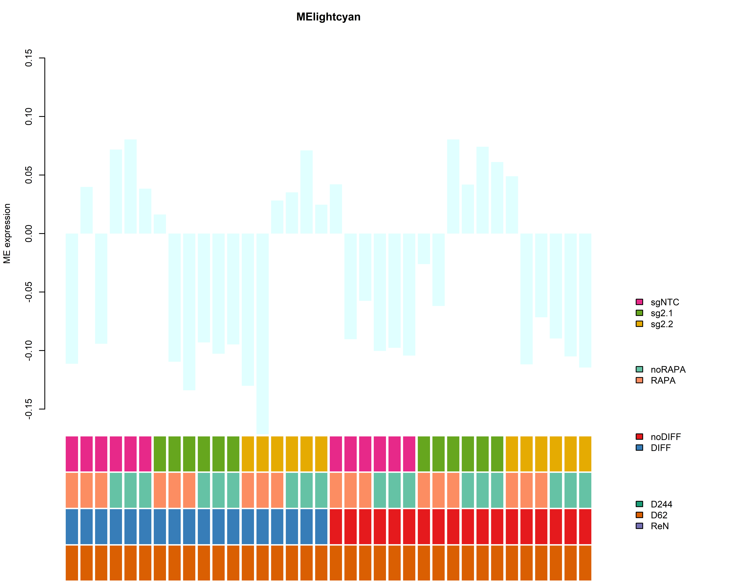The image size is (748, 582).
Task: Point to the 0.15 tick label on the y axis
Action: (x=29, y=58)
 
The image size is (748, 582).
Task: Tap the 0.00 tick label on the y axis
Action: (x=29, y=234)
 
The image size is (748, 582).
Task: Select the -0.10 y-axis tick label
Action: (x=29, y=350)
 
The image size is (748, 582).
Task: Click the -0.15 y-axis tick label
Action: (x=29, y=409)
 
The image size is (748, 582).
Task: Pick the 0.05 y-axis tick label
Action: (x=29, y=175)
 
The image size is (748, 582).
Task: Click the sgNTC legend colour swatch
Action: (x=639, y=302)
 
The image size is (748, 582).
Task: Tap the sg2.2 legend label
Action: (x=662, y=324)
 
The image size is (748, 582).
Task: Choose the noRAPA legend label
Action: (x=668, y=370)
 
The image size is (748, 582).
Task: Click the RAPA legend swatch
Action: (x=639, y=380)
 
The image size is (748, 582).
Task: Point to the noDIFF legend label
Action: (x=665, y=437)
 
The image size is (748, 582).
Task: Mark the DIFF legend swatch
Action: (x=639, y=448)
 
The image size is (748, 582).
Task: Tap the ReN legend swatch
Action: (x=639, y=526)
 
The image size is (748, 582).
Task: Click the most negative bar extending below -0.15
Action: (x=263, y=334)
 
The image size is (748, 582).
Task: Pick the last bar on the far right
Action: (x=585, y=300)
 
